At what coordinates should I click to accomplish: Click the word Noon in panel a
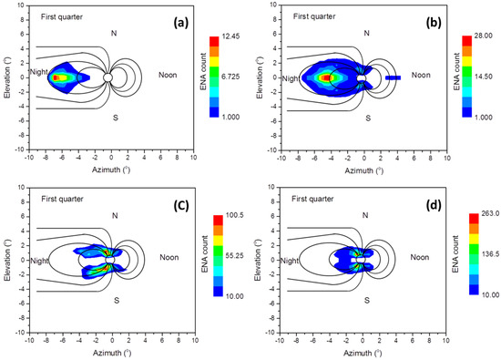(169, 76)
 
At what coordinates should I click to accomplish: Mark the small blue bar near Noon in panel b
(393, 78)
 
